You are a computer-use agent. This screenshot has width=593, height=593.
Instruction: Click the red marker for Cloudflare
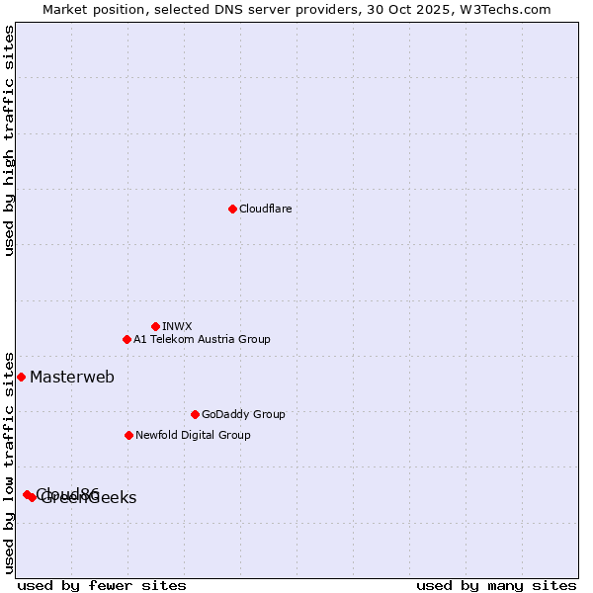[232, 209]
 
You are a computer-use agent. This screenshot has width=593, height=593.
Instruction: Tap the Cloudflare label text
[265, 209]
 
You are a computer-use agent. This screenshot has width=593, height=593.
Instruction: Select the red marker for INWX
[155, 326]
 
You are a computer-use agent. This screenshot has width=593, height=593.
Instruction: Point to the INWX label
[177, 326]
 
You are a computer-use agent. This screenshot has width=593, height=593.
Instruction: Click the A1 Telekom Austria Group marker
[127, 339]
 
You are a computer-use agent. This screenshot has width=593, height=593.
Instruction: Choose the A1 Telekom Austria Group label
[202, 339]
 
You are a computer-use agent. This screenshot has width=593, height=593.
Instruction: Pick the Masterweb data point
[21, 377]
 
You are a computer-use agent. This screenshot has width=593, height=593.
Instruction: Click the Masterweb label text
[71, 377]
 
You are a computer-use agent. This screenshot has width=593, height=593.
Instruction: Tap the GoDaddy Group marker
[195, 414]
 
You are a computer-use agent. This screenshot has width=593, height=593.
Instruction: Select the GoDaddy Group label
[243, 414]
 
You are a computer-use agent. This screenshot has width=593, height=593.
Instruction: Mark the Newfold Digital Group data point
[128, 435]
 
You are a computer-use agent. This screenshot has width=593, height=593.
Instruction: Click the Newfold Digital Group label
[193, 435]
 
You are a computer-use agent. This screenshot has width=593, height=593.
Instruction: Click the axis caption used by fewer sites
[102, 585]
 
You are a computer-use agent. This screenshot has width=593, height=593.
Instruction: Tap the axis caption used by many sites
[496, 585]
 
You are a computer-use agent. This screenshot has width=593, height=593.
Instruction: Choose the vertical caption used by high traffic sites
[9, 140]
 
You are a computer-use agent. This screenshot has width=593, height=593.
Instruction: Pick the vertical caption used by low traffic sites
[9, 462]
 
